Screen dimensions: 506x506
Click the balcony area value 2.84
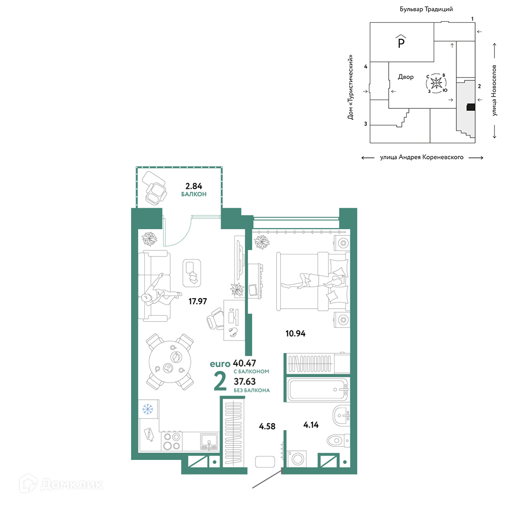click(x=194, y=186)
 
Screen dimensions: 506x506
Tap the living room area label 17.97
click(x=197, y=301)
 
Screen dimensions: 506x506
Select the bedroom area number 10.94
click(x=296, y=333)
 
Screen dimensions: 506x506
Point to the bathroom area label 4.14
click(x=311, y=425)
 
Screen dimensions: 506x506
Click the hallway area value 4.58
click(x=267, y=426)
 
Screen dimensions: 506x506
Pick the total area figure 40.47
click(x=244, y=363)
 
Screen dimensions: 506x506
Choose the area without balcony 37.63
click(x=244, y=382)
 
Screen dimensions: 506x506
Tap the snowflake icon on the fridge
click(x=148, y=409)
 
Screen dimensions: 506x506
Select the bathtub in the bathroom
click(x=318, y=390)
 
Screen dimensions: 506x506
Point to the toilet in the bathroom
click(x=338, y=440)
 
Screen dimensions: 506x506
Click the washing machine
click(x=297, y=458)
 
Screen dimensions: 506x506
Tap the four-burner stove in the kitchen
click(x=172, y=441)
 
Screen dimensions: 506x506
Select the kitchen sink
click(x=209, y=441)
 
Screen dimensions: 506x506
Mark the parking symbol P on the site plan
click(x=401, y=41)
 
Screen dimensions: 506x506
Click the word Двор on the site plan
click(x=406, y=77)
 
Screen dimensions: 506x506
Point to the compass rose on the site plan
click(x=436, y=83)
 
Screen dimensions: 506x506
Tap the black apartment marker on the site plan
click(x=471, y=107)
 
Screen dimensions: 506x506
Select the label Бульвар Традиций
click(x=426, y=9)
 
